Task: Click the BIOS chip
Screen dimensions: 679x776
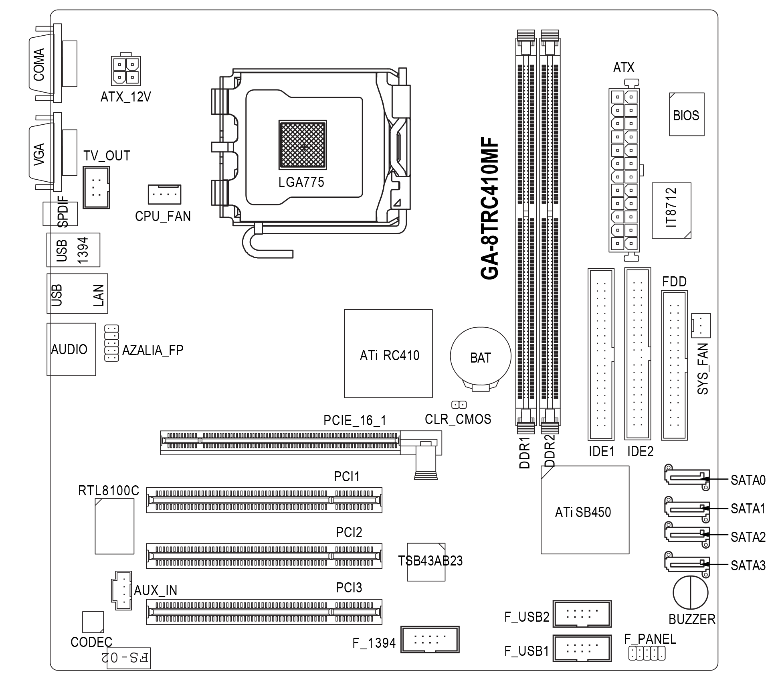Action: coord(686,115)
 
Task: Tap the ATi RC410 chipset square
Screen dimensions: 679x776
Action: coord(388,354)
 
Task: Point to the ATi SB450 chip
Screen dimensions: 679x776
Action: coord(584,510)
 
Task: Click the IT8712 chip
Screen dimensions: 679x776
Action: coord(671,211)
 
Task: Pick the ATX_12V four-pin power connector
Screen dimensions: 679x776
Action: coord(125,71)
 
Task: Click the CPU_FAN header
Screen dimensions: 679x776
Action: coord(164,195)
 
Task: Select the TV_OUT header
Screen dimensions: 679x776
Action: coord(96,187)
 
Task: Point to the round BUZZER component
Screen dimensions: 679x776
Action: coord(690,592)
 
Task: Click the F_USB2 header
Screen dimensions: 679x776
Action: coord(582,614)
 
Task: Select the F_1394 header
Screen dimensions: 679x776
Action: coord(430,639)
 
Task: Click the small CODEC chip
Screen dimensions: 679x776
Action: coord(93,622)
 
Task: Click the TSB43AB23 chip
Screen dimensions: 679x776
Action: coord(426,562)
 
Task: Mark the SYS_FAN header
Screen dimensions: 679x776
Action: coord(701,325)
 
